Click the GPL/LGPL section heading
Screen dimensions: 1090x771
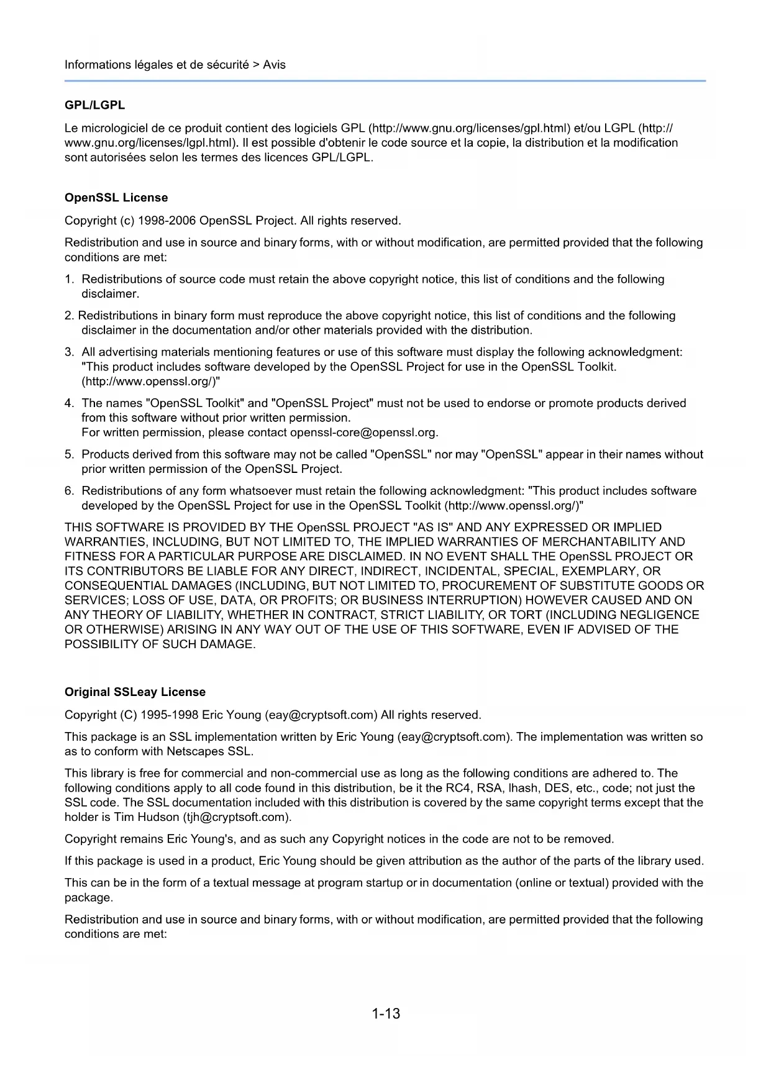point(94,105)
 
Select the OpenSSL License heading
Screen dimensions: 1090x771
point(116,198)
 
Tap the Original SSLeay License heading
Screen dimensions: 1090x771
point(135,692)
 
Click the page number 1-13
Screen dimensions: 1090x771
point(386,1014)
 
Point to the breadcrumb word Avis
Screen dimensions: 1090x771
point(274,65)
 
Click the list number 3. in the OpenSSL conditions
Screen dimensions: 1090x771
point(70,352)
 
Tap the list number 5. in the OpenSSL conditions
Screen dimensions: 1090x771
point(70,454)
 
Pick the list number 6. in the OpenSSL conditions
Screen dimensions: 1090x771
point(70,491)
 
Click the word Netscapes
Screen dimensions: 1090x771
point(196,751)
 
